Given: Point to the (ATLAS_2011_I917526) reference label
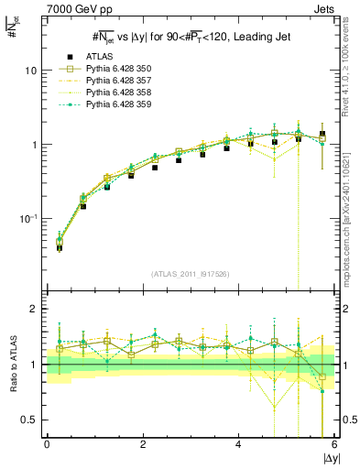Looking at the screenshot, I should coord(190,274).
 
